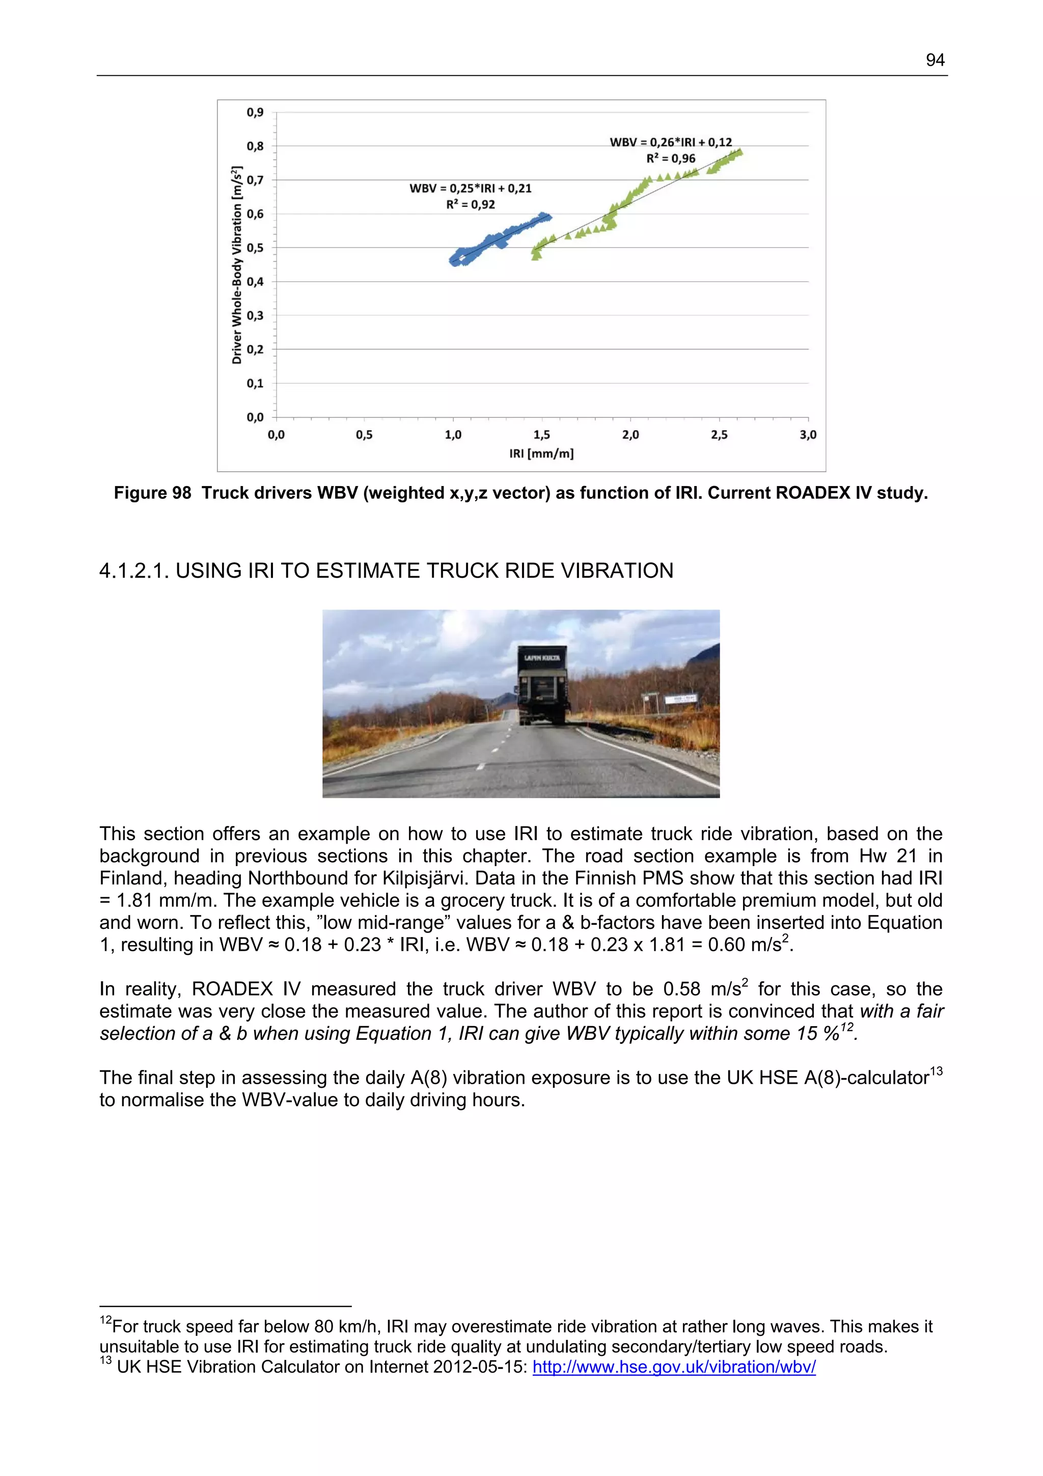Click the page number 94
pyautogui.click(x=935, y=61)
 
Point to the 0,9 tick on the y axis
pyautogui.click(x=255, y=113)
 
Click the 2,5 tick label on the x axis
pyautogui.click(x=719, y=435)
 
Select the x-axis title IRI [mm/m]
pyautogui.click(x=541, y=454)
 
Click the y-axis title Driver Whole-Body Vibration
pyautogui.click(x=236, y=265)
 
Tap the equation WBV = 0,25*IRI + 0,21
pyautogui.click(x=471, y=189)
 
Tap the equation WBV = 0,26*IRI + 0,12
pyautogui.click(x=670, y=142)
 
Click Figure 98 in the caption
pyautogui.click(x=152, y=493)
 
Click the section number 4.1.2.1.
pyautogui.click(x=134, y=571)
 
